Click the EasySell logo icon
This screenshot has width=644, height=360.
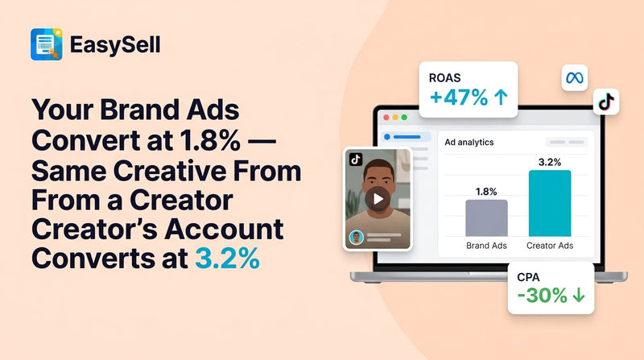coord(47,44)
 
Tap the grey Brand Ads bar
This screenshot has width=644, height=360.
coord(486,218)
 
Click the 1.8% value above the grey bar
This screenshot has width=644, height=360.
coord(486,191)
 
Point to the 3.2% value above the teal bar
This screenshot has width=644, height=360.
coord(550,161)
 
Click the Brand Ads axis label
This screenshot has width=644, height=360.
coord(486,245)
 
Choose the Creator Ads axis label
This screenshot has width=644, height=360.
coord(550,245)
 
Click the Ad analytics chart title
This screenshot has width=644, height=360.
coord(469,143)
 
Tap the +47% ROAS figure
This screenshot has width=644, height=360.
coord(460,99)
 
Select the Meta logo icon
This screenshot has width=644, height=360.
coord(574,78)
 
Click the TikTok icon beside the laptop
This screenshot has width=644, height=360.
coord(605,101)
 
